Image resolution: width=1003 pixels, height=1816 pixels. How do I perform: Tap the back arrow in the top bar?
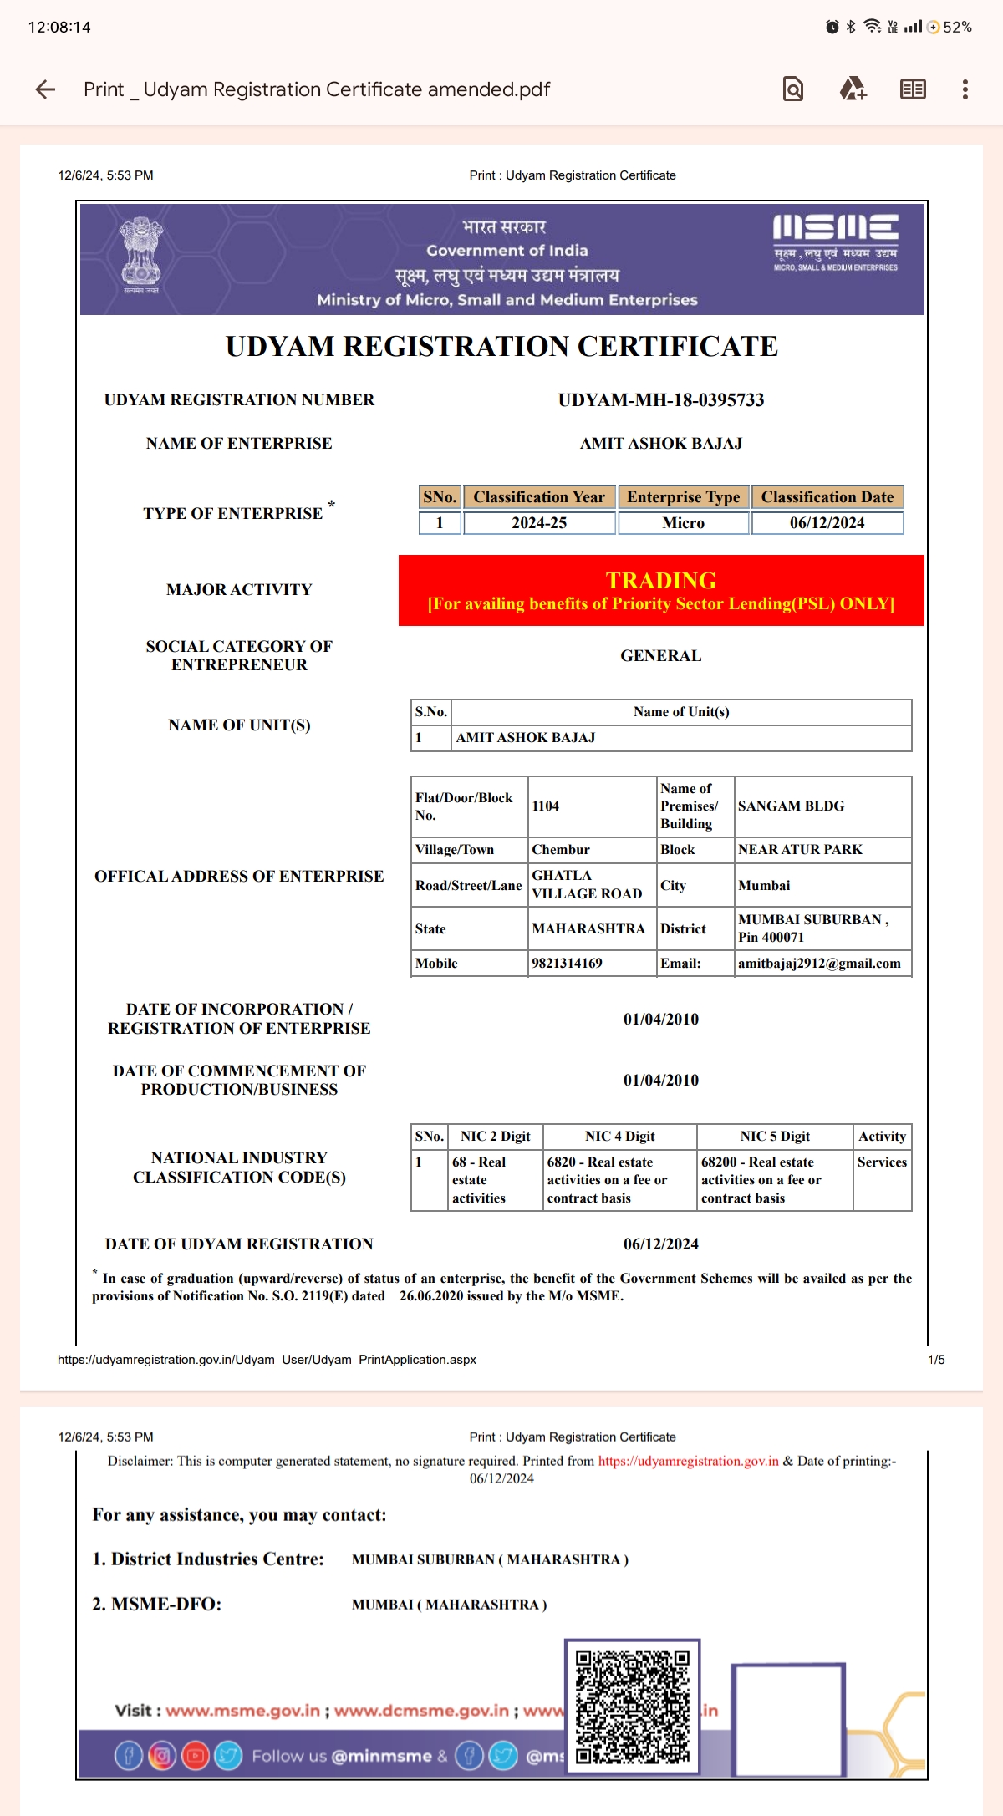[x=46, y=89]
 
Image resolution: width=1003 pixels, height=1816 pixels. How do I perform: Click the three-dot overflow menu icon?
[x=965, y=89]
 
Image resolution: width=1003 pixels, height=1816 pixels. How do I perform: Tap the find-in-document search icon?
[x=792, y=89]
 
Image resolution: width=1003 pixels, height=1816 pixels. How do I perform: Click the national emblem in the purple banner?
[x=140, y=254]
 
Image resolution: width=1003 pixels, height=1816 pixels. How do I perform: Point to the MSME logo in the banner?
[x=835, y=242]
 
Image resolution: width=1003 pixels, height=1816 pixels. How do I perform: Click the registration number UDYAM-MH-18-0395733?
[x=661, y=400]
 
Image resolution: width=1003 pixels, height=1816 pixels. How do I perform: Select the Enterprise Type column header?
[x=683, y=497]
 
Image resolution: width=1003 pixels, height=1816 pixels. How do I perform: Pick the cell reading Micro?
[x=683, y=523]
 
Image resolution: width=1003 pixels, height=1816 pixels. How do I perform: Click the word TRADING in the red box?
[x=661, y=580]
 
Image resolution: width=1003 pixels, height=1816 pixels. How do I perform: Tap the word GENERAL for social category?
[x=660, y=656]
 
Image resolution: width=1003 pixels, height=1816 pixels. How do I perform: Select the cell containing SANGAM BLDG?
[x=791, y=806]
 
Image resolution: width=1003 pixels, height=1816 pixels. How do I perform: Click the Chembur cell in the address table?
[x=561, y=850]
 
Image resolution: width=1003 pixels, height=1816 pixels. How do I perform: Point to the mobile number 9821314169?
[x=567, y=964]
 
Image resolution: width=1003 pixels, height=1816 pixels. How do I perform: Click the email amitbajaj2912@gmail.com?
[x=819, y=964]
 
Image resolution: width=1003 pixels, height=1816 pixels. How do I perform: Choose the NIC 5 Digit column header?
[x=775, y=1137]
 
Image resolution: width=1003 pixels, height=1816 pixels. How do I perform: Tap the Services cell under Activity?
[x=882, y=1162]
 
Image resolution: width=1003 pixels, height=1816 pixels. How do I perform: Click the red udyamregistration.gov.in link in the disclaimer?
[x=688, y=1461]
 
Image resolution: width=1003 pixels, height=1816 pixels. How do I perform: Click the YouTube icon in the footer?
[x=195, y=1756]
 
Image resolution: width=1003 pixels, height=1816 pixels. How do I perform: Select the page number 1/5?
[x=936, y=1360]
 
